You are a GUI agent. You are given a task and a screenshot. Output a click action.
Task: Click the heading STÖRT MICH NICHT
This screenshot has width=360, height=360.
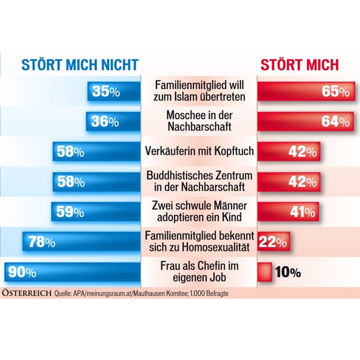(80, 64)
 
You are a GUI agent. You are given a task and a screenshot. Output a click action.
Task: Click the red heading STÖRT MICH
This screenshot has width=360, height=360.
(298, 64)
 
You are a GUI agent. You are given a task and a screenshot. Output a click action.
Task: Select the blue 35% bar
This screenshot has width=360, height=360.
(114, 91)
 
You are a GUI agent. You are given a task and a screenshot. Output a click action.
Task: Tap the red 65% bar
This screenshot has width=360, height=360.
(304, 91)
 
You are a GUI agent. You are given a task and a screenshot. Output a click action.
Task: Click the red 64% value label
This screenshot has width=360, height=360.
(336, 122)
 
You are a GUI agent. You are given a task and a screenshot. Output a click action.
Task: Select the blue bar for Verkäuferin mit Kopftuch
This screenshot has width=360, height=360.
(96, 152)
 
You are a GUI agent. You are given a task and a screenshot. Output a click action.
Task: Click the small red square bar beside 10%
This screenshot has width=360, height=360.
(265, 272)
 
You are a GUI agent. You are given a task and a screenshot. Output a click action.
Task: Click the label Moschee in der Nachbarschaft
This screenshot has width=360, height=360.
(199, 121)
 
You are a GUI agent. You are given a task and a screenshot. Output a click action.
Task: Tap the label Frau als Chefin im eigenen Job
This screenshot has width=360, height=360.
(199, 272)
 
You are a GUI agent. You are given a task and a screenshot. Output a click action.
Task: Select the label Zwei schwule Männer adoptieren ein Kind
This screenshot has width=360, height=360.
(199, 212)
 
